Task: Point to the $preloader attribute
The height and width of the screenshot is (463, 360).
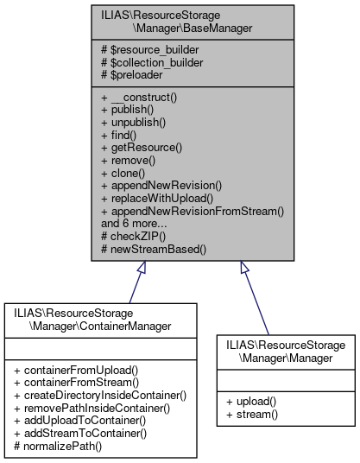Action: (x=138, y=73)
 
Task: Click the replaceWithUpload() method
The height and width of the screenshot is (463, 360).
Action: (x=161, y=197)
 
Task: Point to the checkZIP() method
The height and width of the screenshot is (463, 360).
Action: (x=136, y=234)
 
